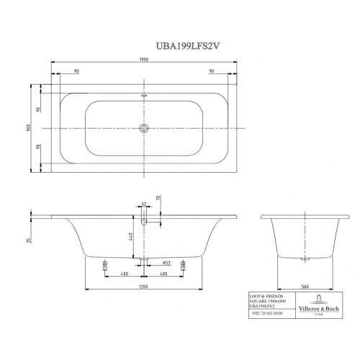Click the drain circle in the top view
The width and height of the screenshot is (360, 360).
(x=143, y=128)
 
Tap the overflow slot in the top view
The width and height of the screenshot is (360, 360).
(x=143, y=94)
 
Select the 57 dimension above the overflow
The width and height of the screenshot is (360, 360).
(x=143, y=204)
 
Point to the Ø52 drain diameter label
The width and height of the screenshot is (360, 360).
(x=165, y=264)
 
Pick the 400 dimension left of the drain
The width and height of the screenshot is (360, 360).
(x=125, y=274)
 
